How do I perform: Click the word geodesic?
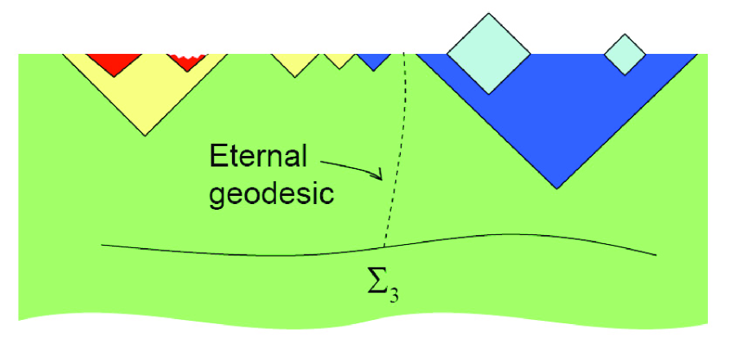(272, 194)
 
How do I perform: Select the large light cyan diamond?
(488, 53)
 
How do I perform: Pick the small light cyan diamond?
(625, 55)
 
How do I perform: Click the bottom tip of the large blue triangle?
(558, 188)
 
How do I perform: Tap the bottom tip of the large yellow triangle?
(145, 135)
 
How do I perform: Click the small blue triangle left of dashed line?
(375, 60)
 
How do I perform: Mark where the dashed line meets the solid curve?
(383, 246)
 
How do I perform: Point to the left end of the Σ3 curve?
(103, 243)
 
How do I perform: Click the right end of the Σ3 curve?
(655, 255)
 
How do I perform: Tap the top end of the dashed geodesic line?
(404, 56)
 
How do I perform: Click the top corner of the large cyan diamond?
(488, 13)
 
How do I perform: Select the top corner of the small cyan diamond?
(625, 34)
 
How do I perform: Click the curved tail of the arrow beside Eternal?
(327, 159)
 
